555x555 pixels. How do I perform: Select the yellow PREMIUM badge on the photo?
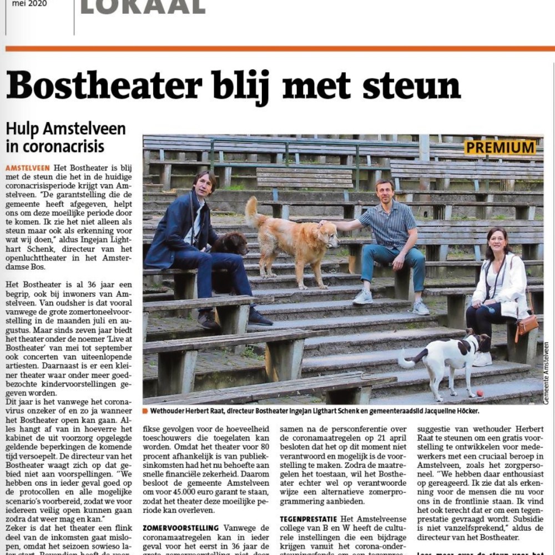(x=500, y=148)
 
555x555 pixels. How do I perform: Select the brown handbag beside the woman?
(x=526, y=325)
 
